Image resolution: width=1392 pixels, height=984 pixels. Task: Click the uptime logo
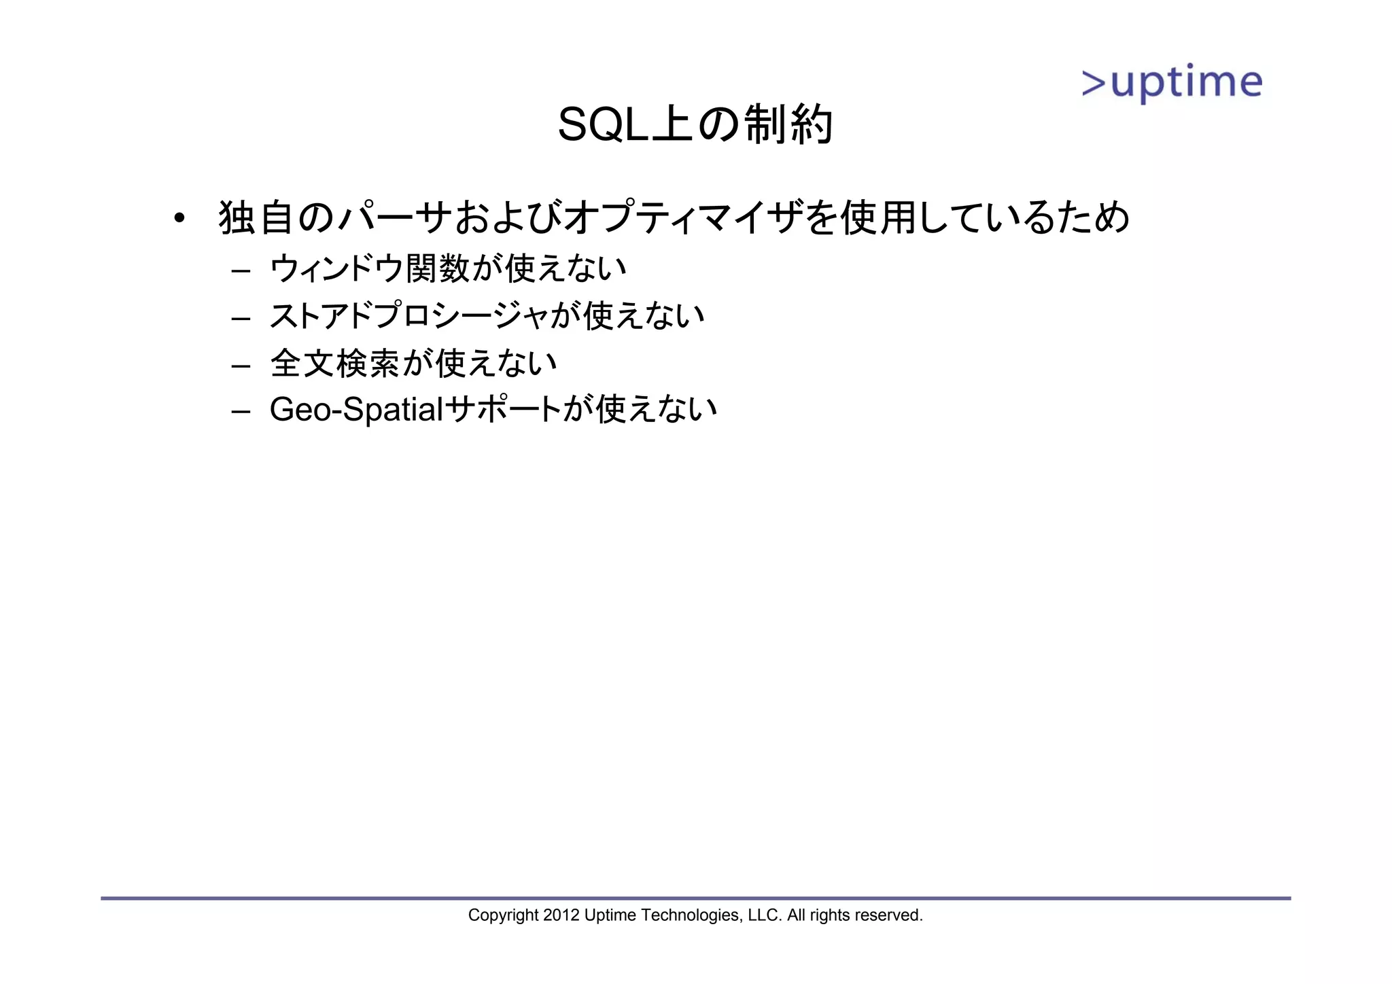click(x=1172, y=84)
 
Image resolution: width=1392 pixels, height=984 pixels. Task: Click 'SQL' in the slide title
click(x=602, y=125)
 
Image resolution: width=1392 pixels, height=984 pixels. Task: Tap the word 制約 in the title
click(x=788, y=125)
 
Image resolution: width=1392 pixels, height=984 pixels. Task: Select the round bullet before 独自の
click(x=179, y=218)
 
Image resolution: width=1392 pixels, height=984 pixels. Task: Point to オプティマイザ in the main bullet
click(x=683, y=218)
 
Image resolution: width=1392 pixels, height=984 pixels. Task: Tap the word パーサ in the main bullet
click(x=394, y=218)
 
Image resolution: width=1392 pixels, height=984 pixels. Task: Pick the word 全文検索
click(x=335, y=363)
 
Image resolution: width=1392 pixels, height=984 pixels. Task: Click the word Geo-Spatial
click(x=356, y=410)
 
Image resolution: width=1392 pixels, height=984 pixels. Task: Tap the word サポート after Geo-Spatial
click(x=503, y=410)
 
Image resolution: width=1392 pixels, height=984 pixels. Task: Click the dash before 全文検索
click(x=241, y=366)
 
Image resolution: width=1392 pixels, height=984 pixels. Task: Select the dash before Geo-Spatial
click(x=241, y=412)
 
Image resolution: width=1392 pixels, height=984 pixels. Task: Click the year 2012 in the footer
click(x=561, y=915)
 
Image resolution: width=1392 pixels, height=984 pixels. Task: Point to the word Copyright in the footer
click(x=503, y=915)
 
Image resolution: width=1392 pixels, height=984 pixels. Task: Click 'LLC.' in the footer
click(x=765, y=915)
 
